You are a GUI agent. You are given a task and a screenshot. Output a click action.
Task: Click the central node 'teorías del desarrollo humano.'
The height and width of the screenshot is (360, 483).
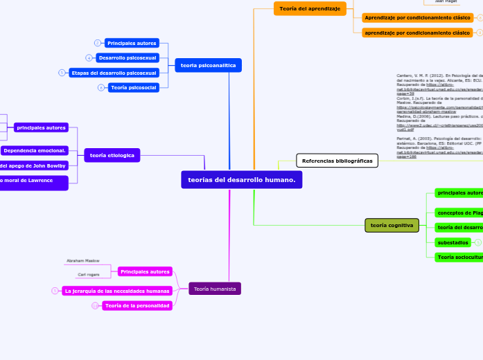242,180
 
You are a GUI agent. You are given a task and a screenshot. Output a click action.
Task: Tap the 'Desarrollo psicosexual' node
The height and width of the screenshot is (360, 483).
127,57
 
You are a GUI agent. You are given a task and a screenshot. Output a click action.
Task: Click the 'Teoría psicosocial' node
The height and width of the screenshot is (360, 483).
133,87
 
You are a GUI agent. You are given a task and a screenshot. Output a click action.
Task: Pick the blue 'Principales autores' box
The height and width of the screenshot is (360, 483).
132,43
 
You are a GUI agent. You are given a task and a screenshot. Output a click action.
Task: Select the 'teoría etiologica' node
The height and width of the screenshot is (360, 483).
112,156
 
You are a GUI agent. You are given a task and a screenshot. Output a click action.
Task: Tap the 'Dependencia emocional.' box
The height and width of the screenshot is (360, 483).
34,150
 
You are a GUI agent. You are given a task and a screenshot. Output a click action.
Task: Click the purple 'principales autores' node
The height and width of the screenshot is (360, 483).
41,127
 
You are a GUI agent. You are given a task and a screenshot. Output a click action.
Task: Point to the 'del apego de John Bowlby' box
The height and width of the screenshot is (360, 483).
33,165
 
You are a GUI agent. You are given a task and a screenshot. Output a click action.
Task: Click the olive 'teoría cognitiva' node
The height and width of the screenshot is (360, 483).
392,225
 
